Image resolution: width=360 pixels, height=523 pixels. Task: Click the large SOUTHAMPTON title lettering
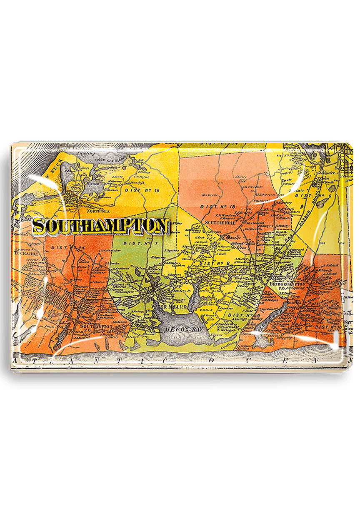(101, 226)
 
